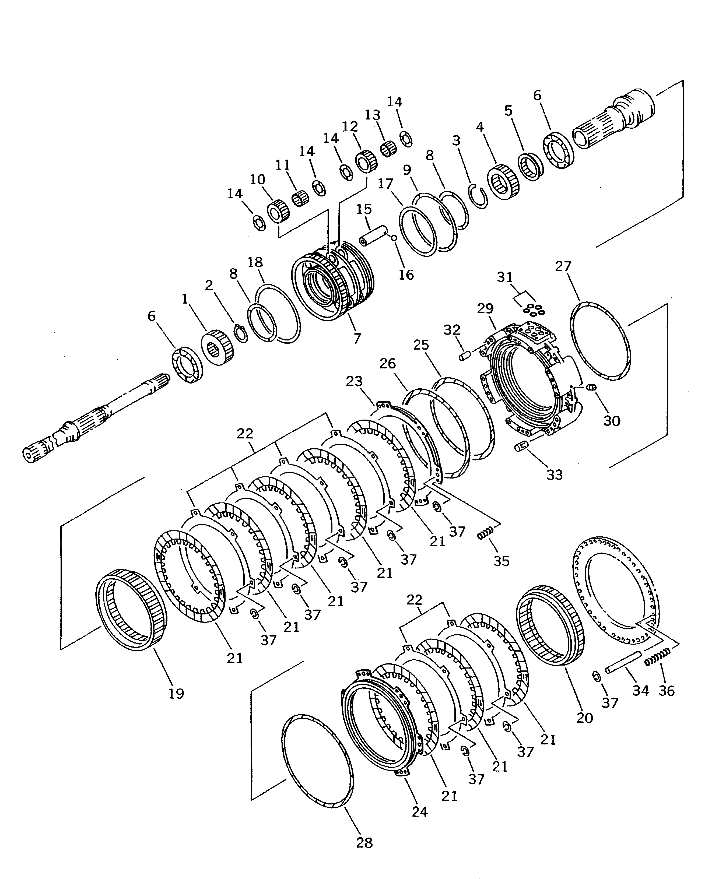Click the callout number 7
(356, 338)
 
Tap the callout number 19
(176, 693)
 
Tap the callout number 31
(505, 277)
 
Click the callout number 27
(563, 266)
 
